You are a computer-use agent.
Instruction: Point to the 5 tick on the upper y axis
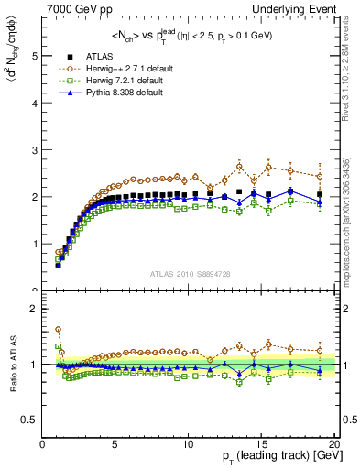(x=35, y=55)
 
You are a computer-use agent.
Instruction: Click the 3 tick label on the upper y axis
(x=35, y=149)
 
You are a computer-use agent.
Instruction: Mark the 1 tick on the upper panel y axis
(x=35, y=244)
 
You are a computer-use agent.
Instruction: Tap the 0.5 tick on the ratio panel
(x=31, y=420)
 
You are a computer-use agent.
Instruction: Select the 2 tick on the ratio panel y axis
(x=35, y=309)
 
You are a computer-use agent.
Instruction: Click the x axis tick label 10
(x=188, y=442)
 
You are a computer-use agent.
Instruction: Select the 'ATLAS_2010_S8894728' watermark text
(x=189, y=274)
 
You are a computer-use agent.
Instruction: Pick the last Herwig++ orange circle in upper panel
(x=319, y=176)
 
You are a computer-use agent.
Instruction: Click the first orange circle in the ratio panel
(x=58, y=330)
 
